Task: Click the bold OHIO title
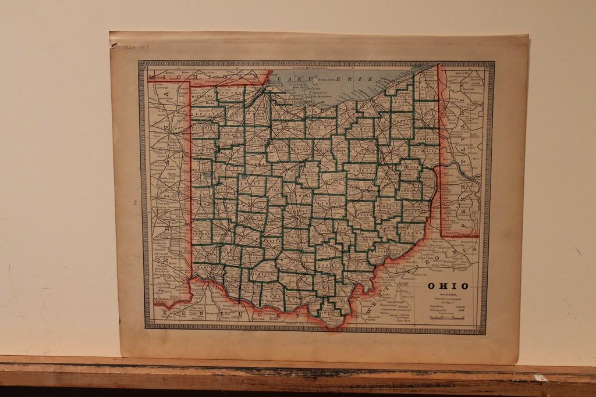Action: tap(448, 285)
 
